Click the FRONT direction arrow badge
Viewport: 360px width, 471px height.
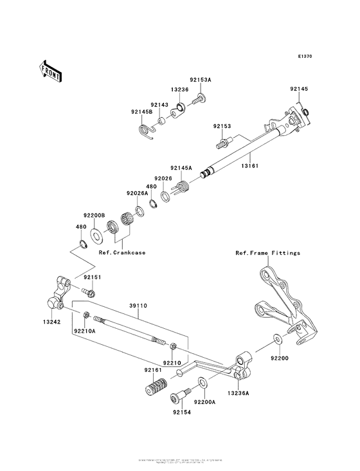click(x=51, y=70)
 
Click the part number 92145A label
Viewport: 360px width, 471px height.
click(x=181, y=167)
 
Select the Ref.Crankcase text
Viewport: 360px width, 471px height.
click(x=122, y=253)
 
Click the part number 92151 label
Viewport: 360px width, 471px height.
click(x=94, y=277)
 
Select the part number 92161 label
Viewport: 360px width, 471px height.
click(x=153, y=370)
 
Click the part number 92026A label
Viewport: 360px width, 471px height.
click(x=138, y=192)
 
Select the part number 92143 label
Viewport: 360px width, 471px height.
click(x=159, y=104)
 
